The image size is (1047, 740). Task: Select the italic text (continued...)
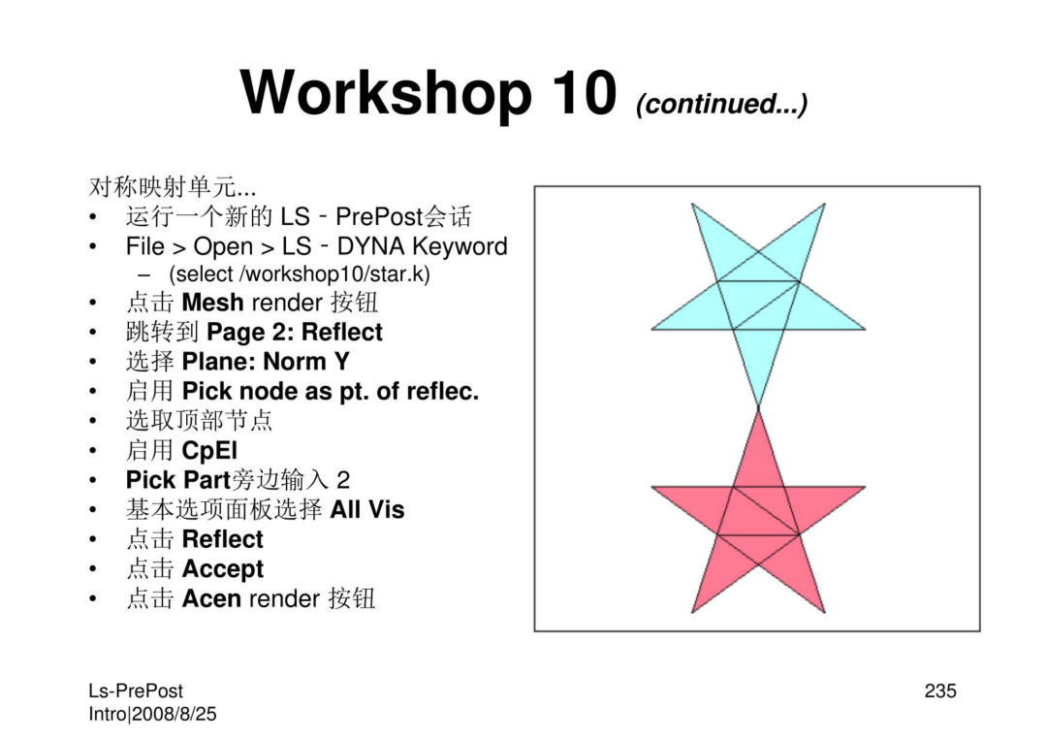pyautogui.click(x=722, y=104)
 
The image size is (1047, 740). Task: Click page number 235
pyautogui.click(x=940, y=691)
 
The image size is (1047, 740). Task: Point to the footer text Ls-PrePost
pyautogui.click(x=136, y=692)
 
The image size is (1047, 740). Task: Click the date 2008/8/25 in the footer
pyautogui.click(x=174, y=714)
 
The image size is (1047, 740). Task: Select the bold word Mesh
pyautogui.click(x=212, y=303)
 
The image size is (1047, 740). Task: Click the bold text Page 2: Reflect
pyautogui.click(x=295, y=332)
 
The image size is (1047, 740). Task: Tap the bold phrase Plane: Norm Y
pyautogui.click(x=266, y=362)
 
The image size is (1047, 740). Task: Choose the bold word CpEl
pyautogui.click(x=209, y=451)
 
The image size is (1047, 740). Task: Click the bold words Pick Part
pyautogui.click(x=178, y=479)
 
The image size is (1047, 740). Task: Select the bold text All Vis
pyautogui.click(x=367, y=509)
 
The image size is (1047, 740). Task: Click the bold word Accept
pyautogui.click(x=223, y=569)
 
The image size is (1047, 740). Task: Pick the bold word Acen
pyautogui.click(x=211, y=598)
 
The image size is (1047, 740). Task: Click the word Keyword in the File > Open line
pyautogui.click(x=460, y=246)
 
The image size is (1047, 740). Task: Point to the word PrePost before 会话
pyautogui.click(x=379, y=216)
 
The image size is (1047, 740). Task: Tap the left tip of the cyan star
pyautogui.click(x=651, y=329)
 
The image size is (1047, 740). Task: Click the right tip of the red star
pyautogui.click(x=866, y=487)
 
